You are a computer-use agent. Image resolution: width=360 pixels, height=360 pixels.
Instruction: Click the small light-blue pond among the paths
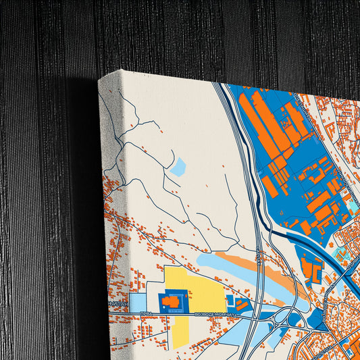(x=178, y=166)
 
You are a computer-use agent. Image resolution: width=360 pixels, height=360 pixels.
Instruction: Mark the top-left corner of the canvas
(x=100, y=78)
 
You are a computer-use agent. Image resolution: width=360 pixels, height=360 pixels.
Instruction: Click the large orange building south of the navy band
(x=311, y=267)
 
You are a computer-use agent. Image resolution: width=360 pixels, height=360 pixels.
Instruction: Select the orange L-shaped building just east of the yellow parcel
(x=240, y=305)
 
